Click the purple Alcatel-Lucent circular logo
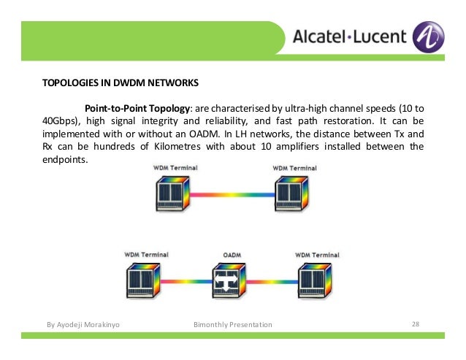pos(428,36)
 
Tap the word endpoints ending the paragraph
pos(64,159)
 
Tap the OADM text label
pos(232,255)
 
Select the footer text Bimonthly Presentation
pos(232,324)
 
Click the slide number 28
pos(416,323)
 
